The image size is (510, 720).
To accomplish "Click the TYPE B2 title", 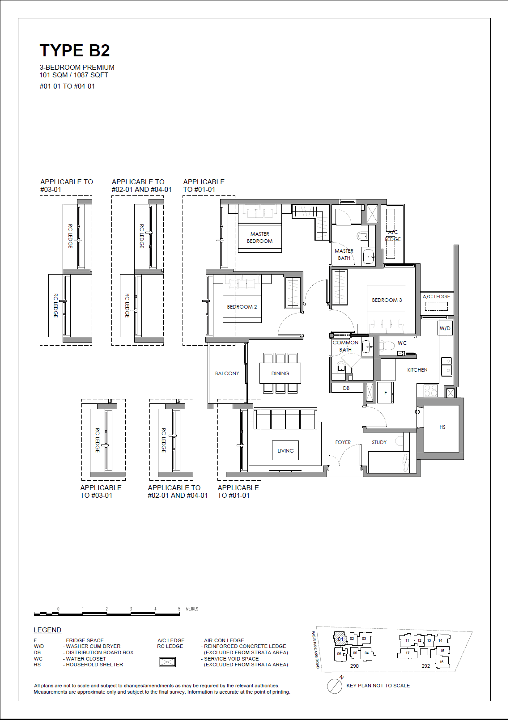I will pos(75,51).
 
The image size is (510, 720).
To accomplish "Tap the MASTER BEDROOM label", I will pos(259,237).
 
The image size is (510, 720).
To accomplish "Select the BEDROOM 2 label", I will pos(242,307).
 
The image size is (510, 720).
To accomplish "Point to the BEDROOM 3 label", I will pos(387,300).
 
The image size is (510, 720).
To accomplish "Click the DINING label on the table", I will pos(280,373).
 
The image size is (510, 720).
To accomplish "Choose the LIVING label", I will pos(285,451).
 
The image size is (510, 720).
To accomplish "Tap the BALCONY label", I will pos(227,373).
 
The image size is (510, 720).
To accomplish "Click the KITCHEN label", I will pos(417,370).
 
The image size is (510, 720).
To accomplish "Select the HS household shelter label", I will pos(442,427).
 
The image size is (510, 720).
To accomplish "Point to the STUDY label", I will pos(379,442).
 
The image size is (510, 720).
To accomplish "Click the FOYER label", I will pos(343,442).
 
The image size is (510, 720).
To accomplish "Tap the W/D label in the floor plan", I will pos(445,328).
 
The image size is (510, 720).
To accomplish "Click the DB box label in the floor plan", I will pos(346,388).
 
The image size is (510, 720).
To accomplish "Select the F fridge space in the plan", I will pos(385,393).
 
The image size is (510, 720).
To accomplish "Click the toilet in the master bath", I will pos(362,236).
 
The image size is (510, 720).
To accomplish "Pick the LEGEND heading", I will pos(47,630).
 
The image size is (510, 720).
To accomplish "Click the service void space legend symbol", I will pos(167,662).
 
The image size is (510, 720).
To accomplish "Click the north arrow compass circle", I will pos(334,686).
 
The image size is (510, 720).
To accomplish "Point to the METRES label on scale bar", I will pos(192,609).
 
